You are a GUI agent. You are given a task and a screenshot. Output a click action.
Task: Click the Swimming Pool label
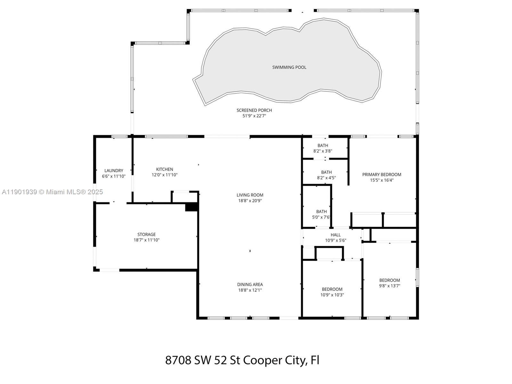click(289, 67)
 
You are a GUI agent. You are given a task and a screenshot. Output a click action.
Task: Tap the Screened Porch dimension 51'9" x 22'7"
click(254, 116)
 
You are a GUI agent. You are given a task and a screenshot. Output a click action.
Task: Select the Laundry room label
click(114, 171)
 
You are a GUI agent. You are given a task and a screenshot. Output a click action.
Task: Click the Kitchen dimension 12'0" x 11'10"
click(164, 175)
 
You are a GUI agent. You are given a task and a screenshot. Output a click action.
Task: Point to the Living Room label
click(250, 195)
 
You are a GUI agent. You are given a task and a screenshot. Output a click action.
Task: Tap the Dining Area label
click(250, 284)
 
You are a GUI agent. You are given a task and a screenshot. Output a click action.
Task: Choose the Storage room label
click(147, 234)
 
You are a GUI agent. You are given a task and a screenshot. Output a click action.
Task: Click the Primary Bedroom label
click(381, 174)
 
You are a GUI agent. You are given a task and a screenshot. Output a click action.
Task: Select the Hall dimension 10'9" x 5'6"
click(336, 240)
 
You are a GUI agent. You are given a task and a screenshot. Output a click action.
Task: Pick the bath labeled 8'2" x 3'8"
click(323, 148)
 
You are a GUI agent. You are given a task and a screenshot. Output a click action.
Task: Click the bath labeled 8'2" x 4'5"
click(326, 175)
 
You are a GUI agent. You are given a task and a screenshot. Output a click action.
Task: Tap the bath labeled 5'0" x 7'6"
click(321, 214)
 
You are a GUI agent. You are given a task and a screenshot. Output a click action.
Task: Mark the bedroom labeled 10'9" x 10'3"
click(332, 292)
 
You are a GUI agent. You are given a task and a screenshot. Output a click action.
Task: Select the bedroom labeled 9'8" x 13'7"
click(389, 283)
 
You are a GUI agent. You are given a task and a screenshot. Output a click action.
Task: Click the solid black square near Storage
click(192, 207)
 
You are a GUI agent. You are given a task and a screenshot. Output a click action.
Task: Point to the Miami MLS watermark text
click(52, 192)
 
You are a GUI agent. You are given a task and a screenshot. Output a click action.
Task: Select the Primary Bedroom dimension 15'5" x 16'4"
click(381, 180)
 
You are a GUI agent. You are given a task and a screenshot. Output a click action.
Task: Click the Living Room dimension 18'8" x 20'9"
click(250, 201)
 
